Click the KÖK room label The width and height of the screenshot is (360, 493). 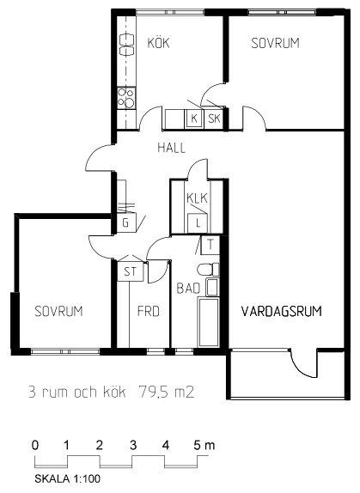pyautogui.click(x=158, y=42)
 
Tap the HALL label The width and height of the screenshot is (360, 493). pyautogui.click(x=171, y=148)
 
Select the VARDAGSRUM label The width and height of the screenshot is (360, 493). pyautogui.click(x=282, y=311)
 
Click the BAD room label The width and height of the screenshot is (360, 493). pyautogui.click(x=188, y=288)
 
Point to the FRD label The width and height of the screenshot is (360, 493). pyautogui.click(x=149, y=311)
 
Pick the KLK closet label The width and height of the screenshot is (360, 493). pyautogui.click(x=197, y=198)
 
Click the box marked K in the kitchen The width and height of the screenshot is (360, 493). pyautogui.click(x=194, y=119)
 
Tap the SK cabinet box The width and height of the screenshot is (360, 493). pyautogui.click(x=214, y=119)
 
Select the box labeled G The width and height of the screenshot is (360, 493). pyautogui.click(x=125, y=223)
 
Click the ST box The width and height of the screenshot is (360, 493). pyautogui.click(x=130, y=271)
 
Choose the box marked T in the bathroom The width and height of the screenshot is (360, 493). pyautogui.click(x=210, y=245)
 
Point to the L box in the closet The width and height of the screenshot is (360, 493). pyautogui.click(x=198, y=223)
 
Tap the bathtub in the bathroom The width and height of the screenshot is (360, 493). pyautogui.click(x=208, y=323)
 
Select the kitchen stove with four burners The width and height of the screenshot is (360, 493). pyautogui.click(x=126, y=98)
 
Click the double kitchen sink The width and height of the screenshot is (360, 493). pyautogui.click(x=126, y=46)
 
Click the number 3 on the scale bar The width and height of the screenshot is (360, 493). pyautogui.click(x=133, y=445)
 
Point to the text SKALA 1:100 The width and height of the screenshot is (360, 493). pyautogui.click(x=68, y=479)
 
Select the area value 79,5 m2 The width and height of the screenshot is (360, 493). pyautogui.click(x=166, y=392)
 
